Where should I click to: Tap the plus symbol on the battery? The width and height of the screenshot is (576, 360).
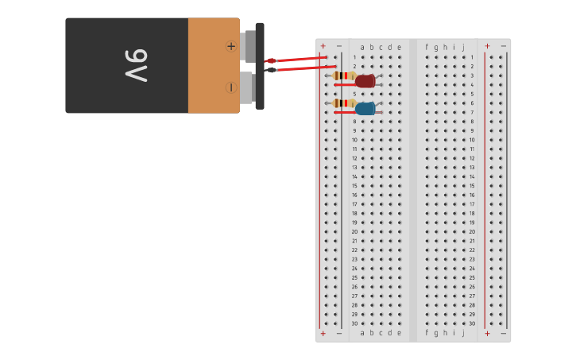[x=231, y=46]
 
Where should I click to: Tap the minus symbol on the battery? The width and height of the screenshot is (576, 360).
[x=231, y=87]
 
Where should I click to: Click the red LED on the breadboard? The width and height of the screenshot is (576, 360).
[x=365, y=81]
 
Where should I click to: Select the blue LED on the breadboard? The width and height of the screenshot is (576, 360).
[x=365, y=109]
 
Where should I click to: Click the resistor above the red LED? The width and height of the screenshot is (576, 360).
[x=343, y=75]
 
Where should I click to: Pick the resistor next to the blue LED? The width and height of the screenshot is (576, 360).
[x=343, y=103]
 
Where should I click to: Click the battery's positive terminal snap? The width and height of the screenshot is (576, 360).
[x=249, y=46]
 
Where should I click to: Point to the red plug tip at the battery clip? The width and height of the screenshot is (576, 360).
[x=271, y=60]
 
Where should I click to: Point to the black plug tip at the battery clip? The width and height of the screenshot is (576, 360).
[x=272, y=70]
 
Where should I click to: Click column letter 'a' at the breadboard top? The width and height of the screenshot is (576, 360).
[x=362, y=47]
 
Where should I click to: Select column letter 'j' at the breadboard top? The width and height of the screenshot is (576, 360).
[x=463, y=47]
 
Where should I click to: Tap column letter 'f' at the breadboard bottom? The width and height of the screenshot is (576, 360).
[x=427, y=333]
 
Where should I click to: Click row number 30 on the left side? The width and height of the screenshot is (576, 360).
[x=354, y=323]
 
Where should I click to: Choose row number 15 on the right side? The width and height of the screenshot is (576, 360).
[x=472, y=186]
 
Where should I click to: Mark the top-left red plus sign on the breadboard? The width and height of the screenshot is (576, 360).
[x=323, y=46]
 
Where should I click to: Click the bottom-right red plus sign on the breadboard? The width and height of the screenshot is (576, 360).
[x=487, y=334]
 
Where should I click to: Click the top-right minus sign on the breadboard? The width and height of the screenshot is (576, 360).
[x=503, y=46]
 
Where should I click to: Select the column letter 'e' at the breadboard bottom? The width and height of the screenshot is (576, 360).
[x=399, y=333]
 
